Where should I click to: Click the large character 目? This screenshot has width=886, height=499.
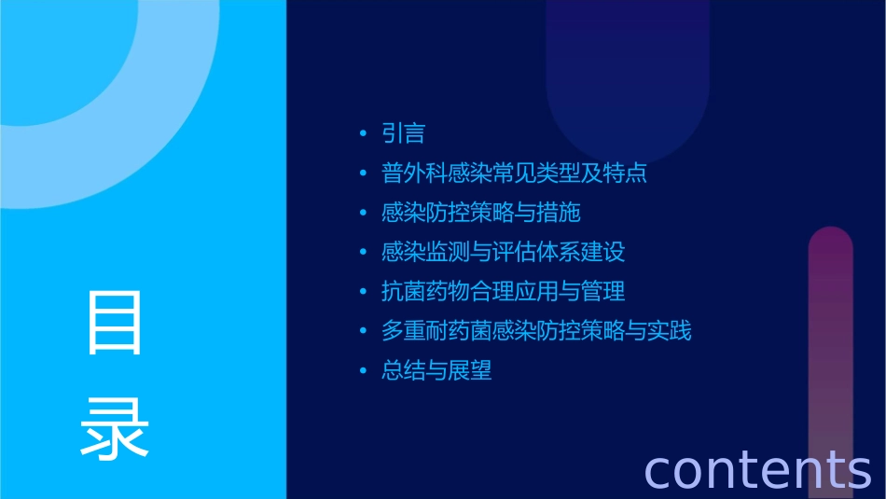(115, 322)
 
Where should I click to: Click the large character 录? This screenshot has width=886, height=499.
(115, 428)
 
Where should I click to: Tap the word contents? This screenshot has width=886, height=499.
(757, 468)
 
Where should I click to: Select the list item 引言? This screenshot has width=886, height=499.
(404, 133)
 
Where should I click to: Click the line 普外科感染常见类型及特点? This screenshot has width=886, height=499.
(514, 173)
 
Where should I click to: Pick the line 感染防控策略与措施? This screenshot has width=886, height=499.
(481, 213)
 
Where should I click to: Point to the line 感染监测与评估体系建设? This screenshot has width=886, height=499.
(503, 252)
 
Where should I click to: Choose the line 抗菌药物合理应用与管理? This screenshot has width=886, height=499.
(503, 292)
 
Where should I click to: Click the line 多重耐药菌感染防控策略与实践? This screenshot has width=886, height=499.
(536, 331)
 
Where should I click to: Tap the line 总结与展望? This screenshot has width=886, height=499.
(436, 371)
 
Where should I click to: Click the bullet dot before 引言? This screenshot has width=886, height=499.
(363, 134)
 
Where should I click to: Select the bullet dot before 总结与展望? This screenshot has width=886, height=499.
(363, 371)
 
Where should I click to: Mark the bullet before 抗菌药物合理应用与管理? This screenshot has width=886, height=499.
(363, 292)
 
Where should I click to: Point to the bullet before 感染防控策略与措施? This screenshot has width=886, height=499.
(363, 213)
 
